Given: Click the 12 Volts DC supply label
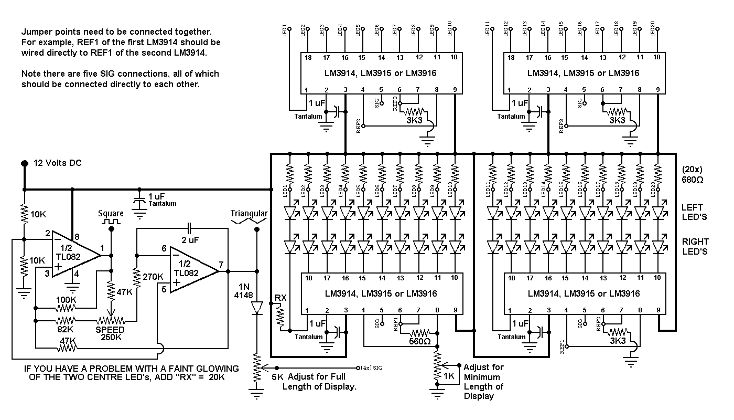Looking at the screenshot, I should (x=58, y=163).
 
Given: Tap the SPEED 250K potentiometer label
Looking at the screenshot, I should (x=110, y=334).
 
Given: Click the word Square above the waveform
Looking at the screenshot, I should (x=111, y=214).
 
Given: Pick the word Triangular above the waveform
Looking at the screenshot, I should (x=249, y=214).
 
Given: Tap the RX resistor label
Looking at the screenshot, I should (x=280, y=298).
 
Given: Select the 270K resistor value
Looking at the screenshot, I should (x=153, y=276).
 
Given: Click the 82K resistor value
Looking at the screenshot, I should (x=66, y=329).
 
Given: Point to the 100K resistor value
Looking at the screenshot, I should (x=66, y=299).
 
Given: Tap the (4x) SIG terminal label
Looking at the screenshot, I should (x=373, y=367).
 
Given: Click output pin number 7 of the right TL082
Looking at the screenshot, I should (x=221, y=265).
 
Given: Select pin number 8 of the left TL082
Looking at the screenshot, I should (x=76, y=237).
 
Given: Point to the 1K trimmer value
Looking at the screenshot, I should (x=449, y=376).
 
